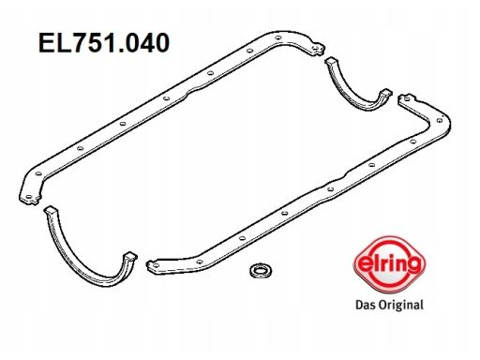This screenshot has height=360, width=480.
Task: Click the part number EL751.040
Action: click(x=104, y=42)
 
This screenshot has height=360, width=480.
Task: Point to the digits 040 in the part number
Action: click(x=147, y=42)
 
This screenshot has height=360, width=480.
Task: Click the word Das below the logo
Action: click(x=366, y=305)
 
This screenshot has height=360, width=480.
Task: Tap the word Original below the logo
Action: click(x=401, y=305)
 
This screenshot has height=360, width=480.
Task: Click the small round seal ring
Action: click(x=261, y=270)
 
